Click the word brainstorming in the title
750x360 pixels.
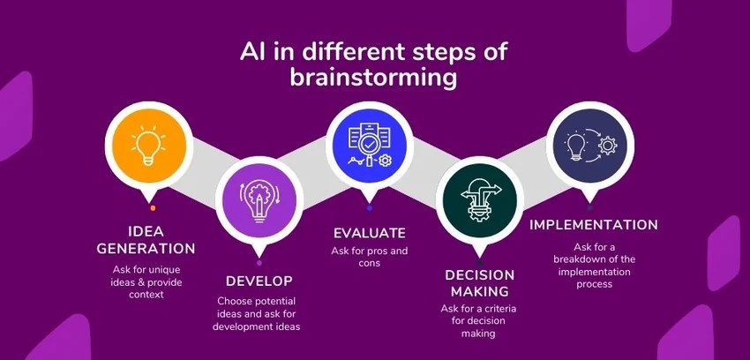pyautogui.click(x=374, y=78)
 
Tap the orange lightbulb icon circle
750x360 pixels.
pyautogui.click(x=149, y=147)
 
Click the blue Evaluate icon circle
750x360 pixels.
pyautogui.click(x=370, y=147)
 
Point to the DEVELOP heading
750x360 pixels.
pyautogui.click(x=259, y=281)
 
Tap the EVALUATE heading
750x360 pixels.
pyautogui.click(x=370, y=234)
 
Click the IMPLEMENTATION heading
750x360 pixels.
pyautogui.click(x=594, y=225)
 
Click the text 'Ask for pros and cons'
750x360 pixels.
pyautogui.click(x=370, y=257)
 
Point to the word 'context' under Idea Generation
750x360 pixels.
pyautogui.click(x=150, y=294)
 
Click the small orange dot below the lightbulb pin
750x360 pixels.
pyautogui.click(x=153, y=208)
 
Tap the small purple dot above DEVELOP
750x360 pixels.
pyautogui.click(x=259, y=263)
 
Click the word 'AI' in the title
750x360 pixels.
pyautogui.click(x=254, y=51)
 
